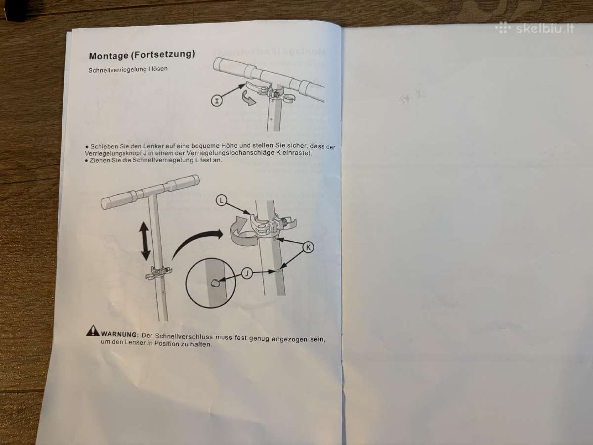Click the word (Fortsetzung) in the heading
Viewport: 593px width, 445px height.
point(163,54)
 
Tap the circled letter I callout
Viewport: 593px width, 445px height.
point(216,101)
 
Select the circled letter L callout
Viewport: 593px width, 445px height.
point(221,201)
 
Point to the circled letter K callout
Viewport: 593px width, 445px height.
point(308,247)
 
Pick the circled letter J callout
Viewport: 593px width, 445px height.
point(247,273)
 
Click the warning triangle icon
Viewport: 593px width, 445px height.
point(93,331)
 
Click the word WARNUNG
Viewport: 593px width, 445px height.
point(120,335)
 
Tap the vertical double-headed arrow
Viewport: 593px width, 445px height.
point(145,241)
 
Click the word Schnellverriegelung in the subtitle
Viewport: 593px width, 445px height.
point(117,70)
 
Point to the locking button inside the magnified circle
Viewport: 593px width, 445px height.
point(215,283)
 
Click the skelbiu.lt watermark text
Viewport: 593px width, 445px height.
point(545,29)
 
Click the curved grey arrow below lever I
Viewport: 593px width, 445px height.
point(248,98)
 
